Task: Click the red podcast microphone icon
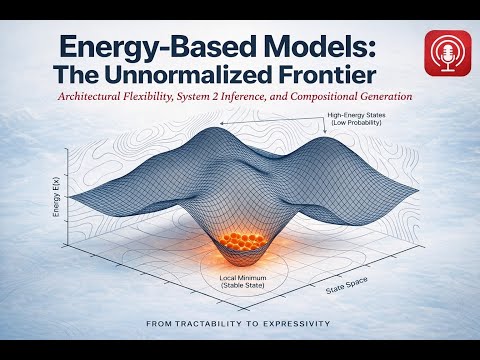tap(448, 53)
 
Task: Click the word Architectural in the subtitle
tap(89, 97)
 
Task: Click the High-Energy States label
tap(356, 115)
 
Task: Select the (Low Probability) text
tap(356, 123)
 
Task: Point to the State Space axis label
tap(346, 286)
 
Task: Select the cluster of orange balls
tap(243, 241)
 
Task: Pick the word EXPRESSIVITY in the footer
tap(297, 324)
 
